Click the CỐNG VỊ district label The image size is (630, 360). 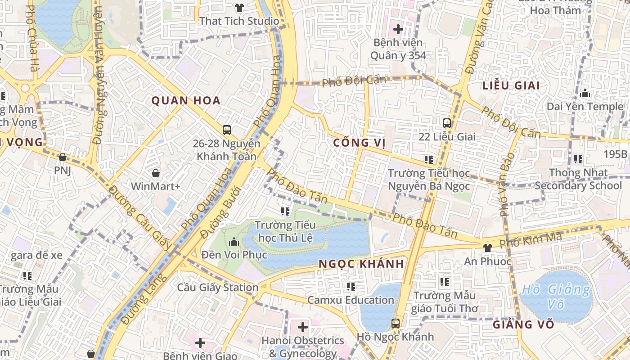coord(360,143)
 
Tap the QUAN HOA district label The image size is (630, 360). coord(186,100)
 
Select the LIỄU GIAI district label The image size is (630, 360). coord(511,85)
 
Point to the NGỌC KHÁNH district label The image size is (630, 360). coord(361,264)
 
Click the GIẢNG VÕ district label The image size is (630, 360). coord(522,324)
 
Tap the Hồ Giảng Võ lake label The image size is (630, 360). coord(555,297)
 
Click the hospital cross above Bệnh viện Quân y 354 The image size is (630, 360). coord(398,29)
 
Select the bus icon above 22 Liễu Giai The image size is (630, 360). coord(447,123)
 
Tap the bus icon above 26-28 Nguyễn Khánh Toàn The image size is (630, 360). coord(227,130)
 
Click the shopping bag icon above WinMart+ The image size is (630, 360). coord(156,173)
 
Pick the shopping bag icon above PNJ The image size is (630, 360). coord(63,157)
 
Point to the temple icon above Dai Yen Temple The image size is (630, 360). coord(585,93)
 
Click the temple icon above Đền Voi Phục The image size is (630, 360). coord(234,242)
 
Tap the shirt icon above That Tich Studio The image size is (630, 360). coord(239,8)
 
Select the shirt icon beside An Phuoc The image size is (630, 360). coord(487,247)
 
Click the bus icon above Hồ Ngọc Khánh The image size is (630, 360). coord(395,323)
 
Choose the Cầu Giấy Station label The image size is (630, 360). coord(218,288)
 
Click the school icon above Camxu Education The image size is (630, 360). coord(351,286)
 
